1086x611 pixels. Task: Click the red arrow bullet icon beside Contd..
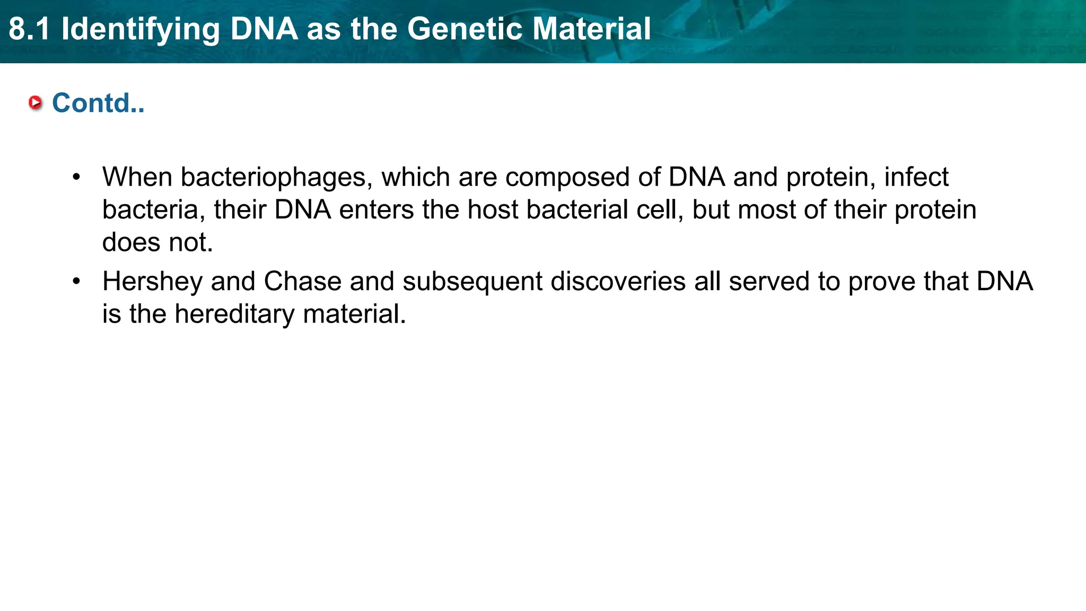point(36,102)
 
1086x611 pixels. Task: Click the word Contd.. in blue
point(98,103)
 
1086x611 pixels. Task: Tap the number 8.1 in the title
point(29,29)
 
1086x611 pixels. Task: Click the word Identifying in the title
point(141,30)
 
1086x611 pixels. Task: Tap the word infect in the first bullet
point(916,177)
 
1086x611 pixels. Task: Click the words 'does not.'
point(157,242)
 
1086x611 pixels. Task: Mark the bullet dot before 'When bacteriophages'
point(77,177)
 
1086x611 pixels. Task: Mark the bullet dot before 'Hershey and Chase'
point(77,282)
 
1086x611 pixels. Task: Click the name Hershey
point(152,282)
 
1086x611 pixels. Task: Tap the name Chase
point(302,282)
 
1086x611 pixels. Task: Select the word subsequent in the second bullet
point(472,282)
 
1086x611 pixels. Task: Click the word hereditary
point(234,314)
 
